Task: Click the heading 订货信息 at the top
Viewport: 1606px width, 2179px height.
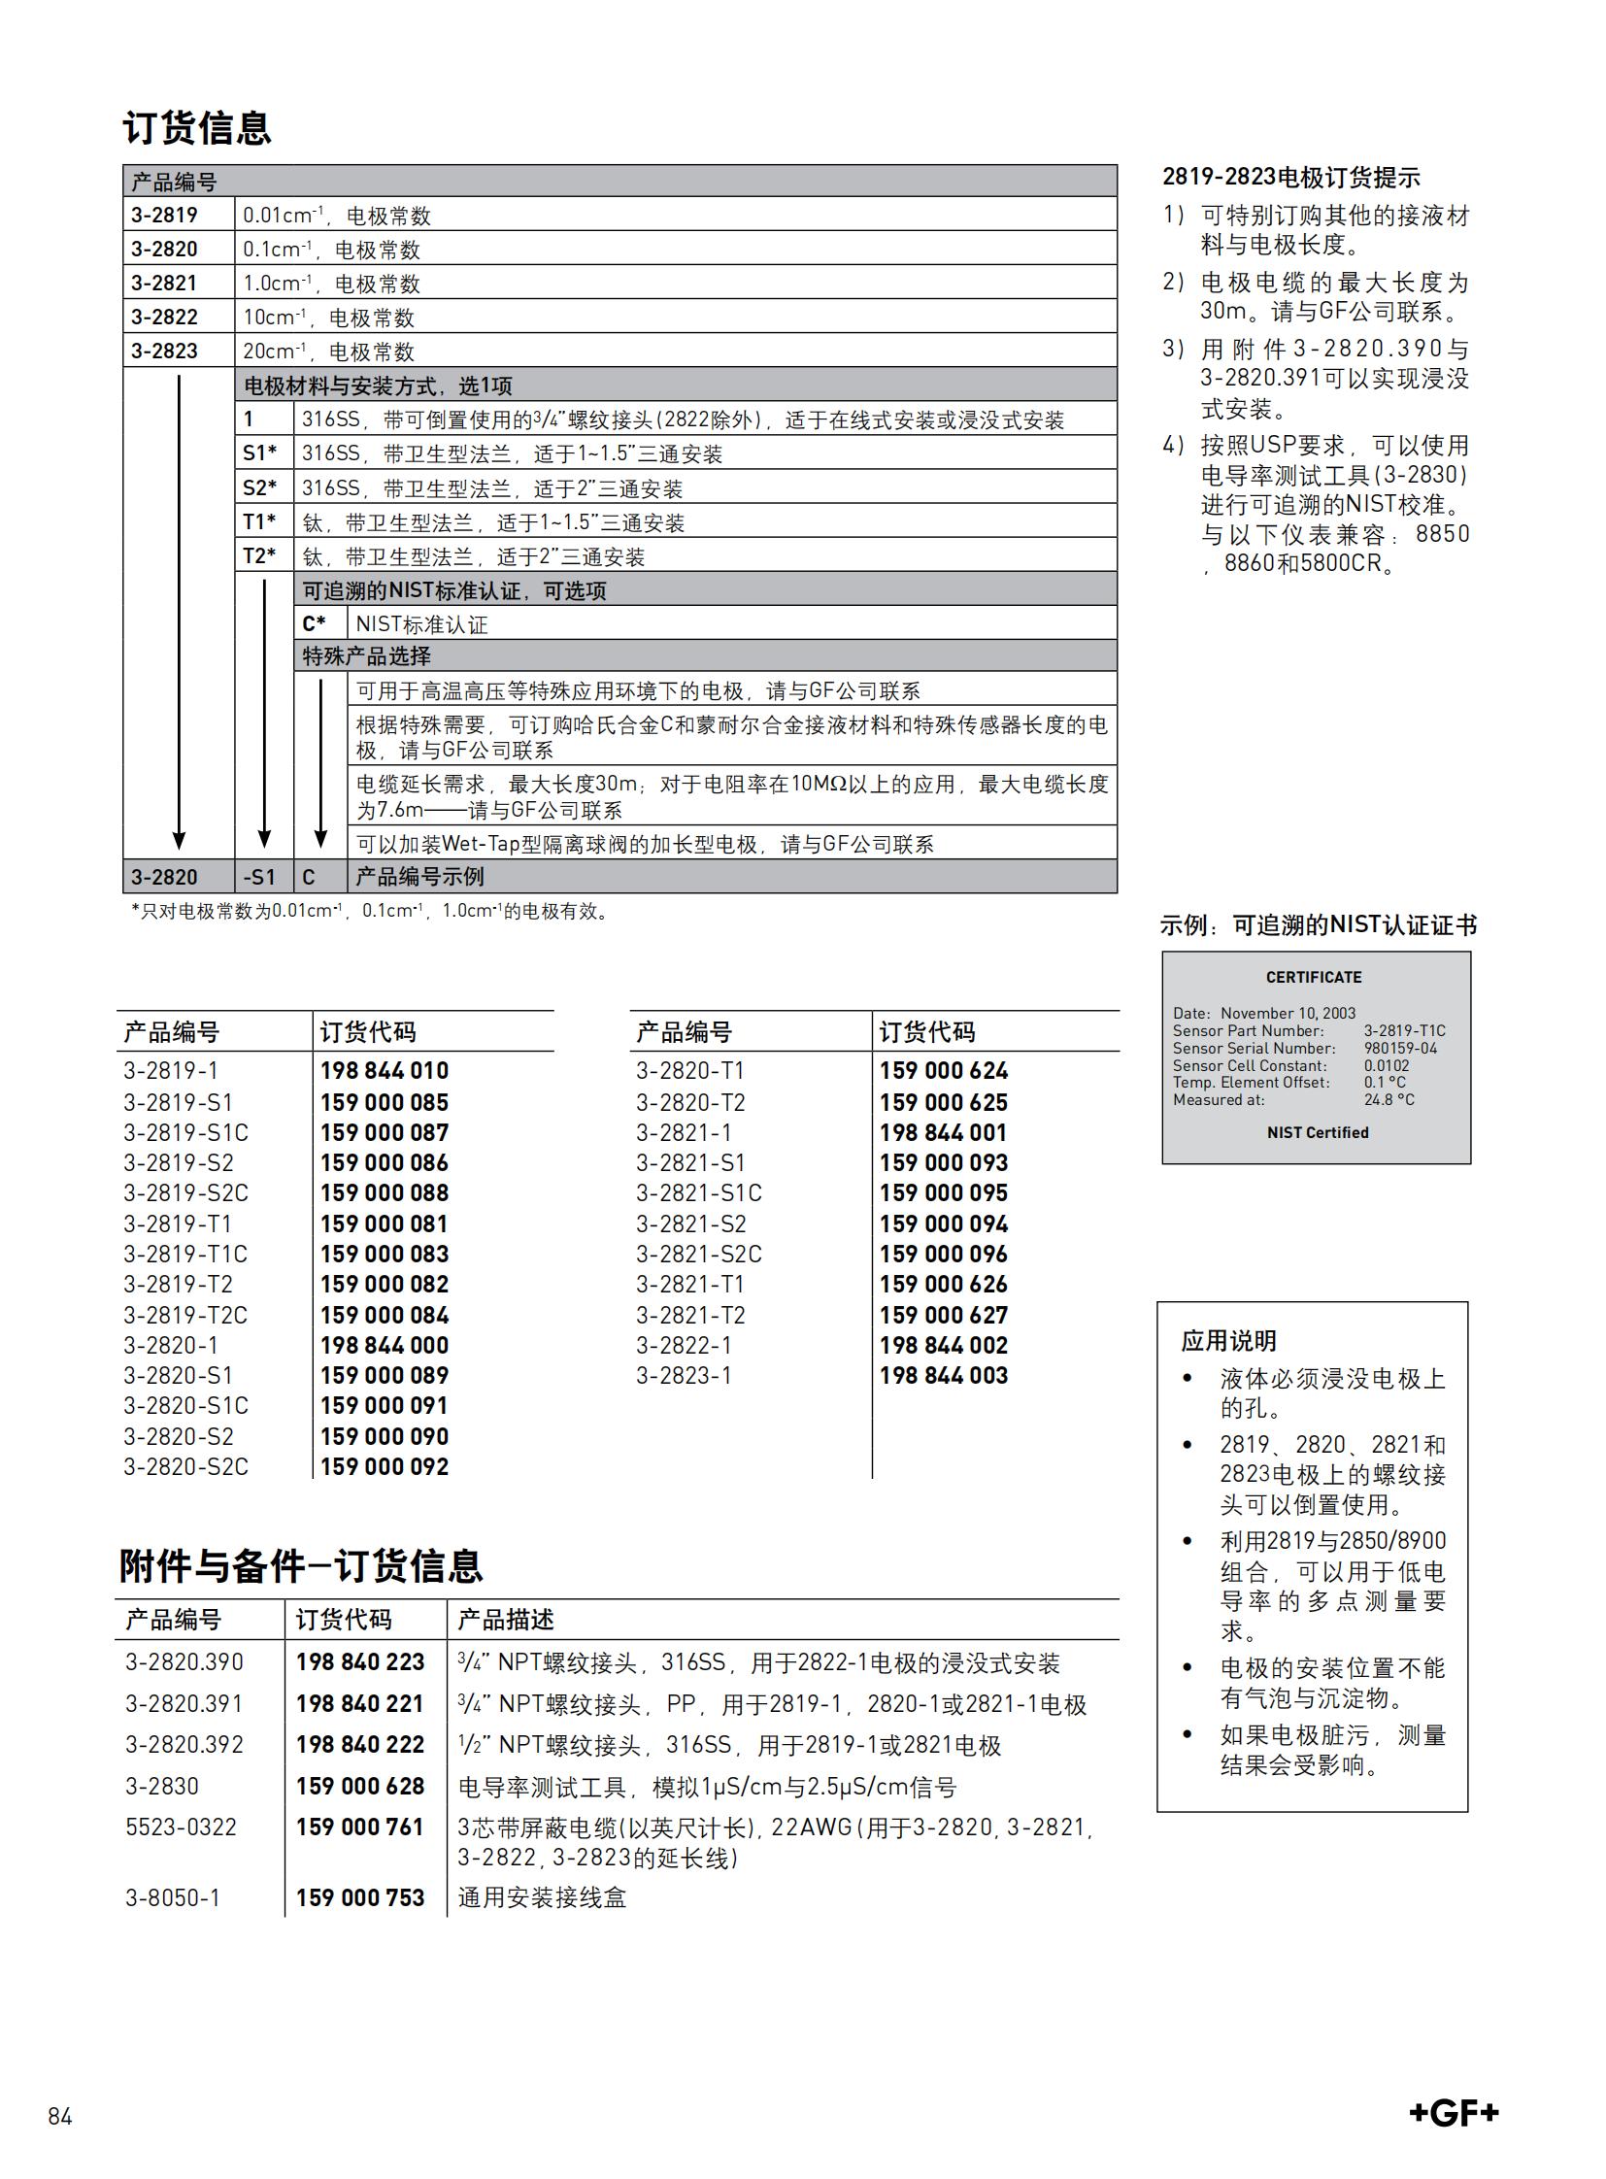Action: (197, 128)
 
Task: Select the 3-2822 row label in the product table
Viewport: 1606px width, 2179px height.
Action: (164, 317)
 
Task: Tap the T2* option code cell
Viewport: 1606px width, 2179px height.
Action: (259, 555)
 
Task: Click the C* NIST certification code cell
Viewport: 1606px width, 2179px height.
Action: (314, 623)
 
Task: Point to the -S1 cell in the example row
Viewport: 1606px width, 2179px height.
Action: (259, 877)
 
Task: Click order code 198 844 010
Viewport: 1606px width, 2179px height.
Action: (384, 1070)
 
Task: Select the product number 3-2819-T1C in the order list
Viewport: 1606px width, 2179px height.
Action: (184, 1254)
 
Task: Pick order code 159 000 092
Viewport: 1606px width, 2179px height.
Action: (384, 1466)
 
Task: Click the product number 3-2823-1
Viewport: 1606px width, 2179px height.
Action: (684, 1375)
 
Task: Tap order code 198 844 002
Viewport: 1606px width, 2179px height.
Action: (943, 1345)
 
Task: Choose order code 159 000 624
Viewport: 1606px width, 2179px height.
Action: (943, 1070)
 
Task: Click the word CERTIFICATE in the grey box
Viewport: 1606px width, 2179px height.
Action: (1314, 977)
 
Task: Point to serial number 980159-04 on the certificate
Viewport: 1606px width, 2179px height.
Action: (1400, 1048)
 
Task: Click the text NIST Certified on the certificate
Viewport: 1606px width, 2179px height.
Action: (1318, 1133)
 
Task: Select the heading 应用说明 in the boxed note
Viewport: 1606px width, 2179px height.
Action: (1229, 1341)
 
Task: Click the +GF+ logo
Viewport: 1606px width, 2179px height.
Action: (1454, 2112)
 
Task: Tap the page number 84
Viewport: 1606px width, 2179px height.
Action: (60, 2117)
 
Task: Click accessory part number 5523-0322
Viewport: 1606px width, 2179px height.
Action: (181, 1827)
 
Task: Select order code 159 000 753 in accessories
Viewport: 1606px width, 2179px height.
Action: (359, 1897)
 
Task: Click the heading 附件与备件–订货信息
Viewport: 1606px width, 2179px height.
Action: (300, 1566)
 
